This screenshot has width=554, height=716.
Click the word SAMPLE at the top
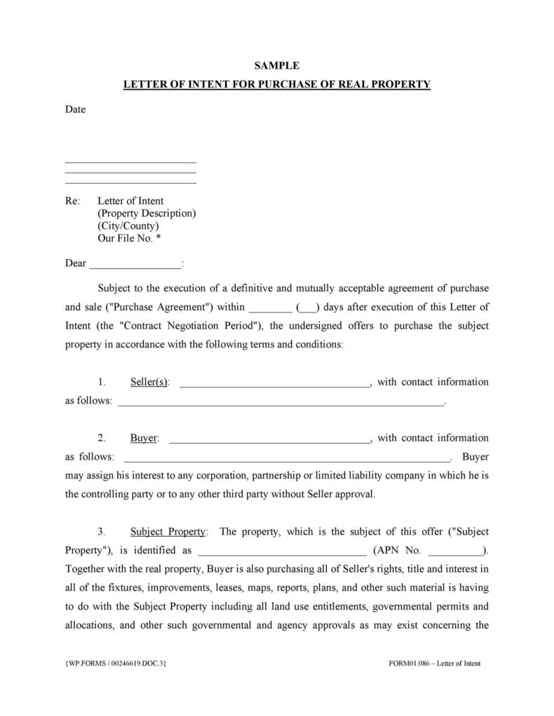pyautogui.click(x=276, y=66)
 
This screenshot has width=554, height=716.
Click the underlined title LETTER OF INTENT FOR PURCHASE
pyautogui.click(x=276, y=85)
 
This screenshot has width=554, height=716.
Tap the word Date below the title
pyautogui.click(x=75, y=109)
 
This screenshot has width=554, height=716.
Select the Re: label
pyautogui.click(x=73, y=201)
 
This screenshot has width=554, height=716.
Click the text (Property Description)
pyautogui.click(x=147, y=214)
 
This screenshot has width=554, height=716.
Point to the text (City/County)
pyautogui.click(x=128, y=226)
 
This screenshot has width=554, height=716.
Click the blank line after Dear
pyautogui.click(x=135, y=264)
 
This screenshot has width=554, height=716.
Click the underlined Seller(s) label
pyautogui.click(x=149, y=383)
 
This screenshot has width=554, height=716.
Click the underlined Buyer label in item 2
pyautogui.click(x=144, y=439)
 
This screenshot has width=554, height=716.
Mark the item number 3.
pyautogui.click(x=102, y=532)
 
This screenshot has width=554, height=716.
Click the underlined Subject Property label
pyautogui.click(x=168, y=532)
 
